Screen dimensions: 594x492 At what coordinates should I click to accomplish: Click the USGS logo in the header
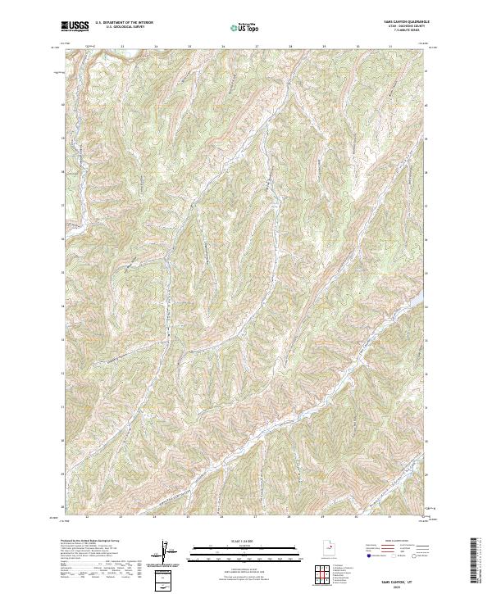click(x=75, y=26)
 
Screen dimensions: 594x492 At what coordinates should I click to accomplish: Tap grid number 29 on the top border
click(x=324, y=45)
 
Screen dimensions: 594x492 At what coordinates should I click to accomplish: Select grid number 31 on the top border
click(x=391, y=45)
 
